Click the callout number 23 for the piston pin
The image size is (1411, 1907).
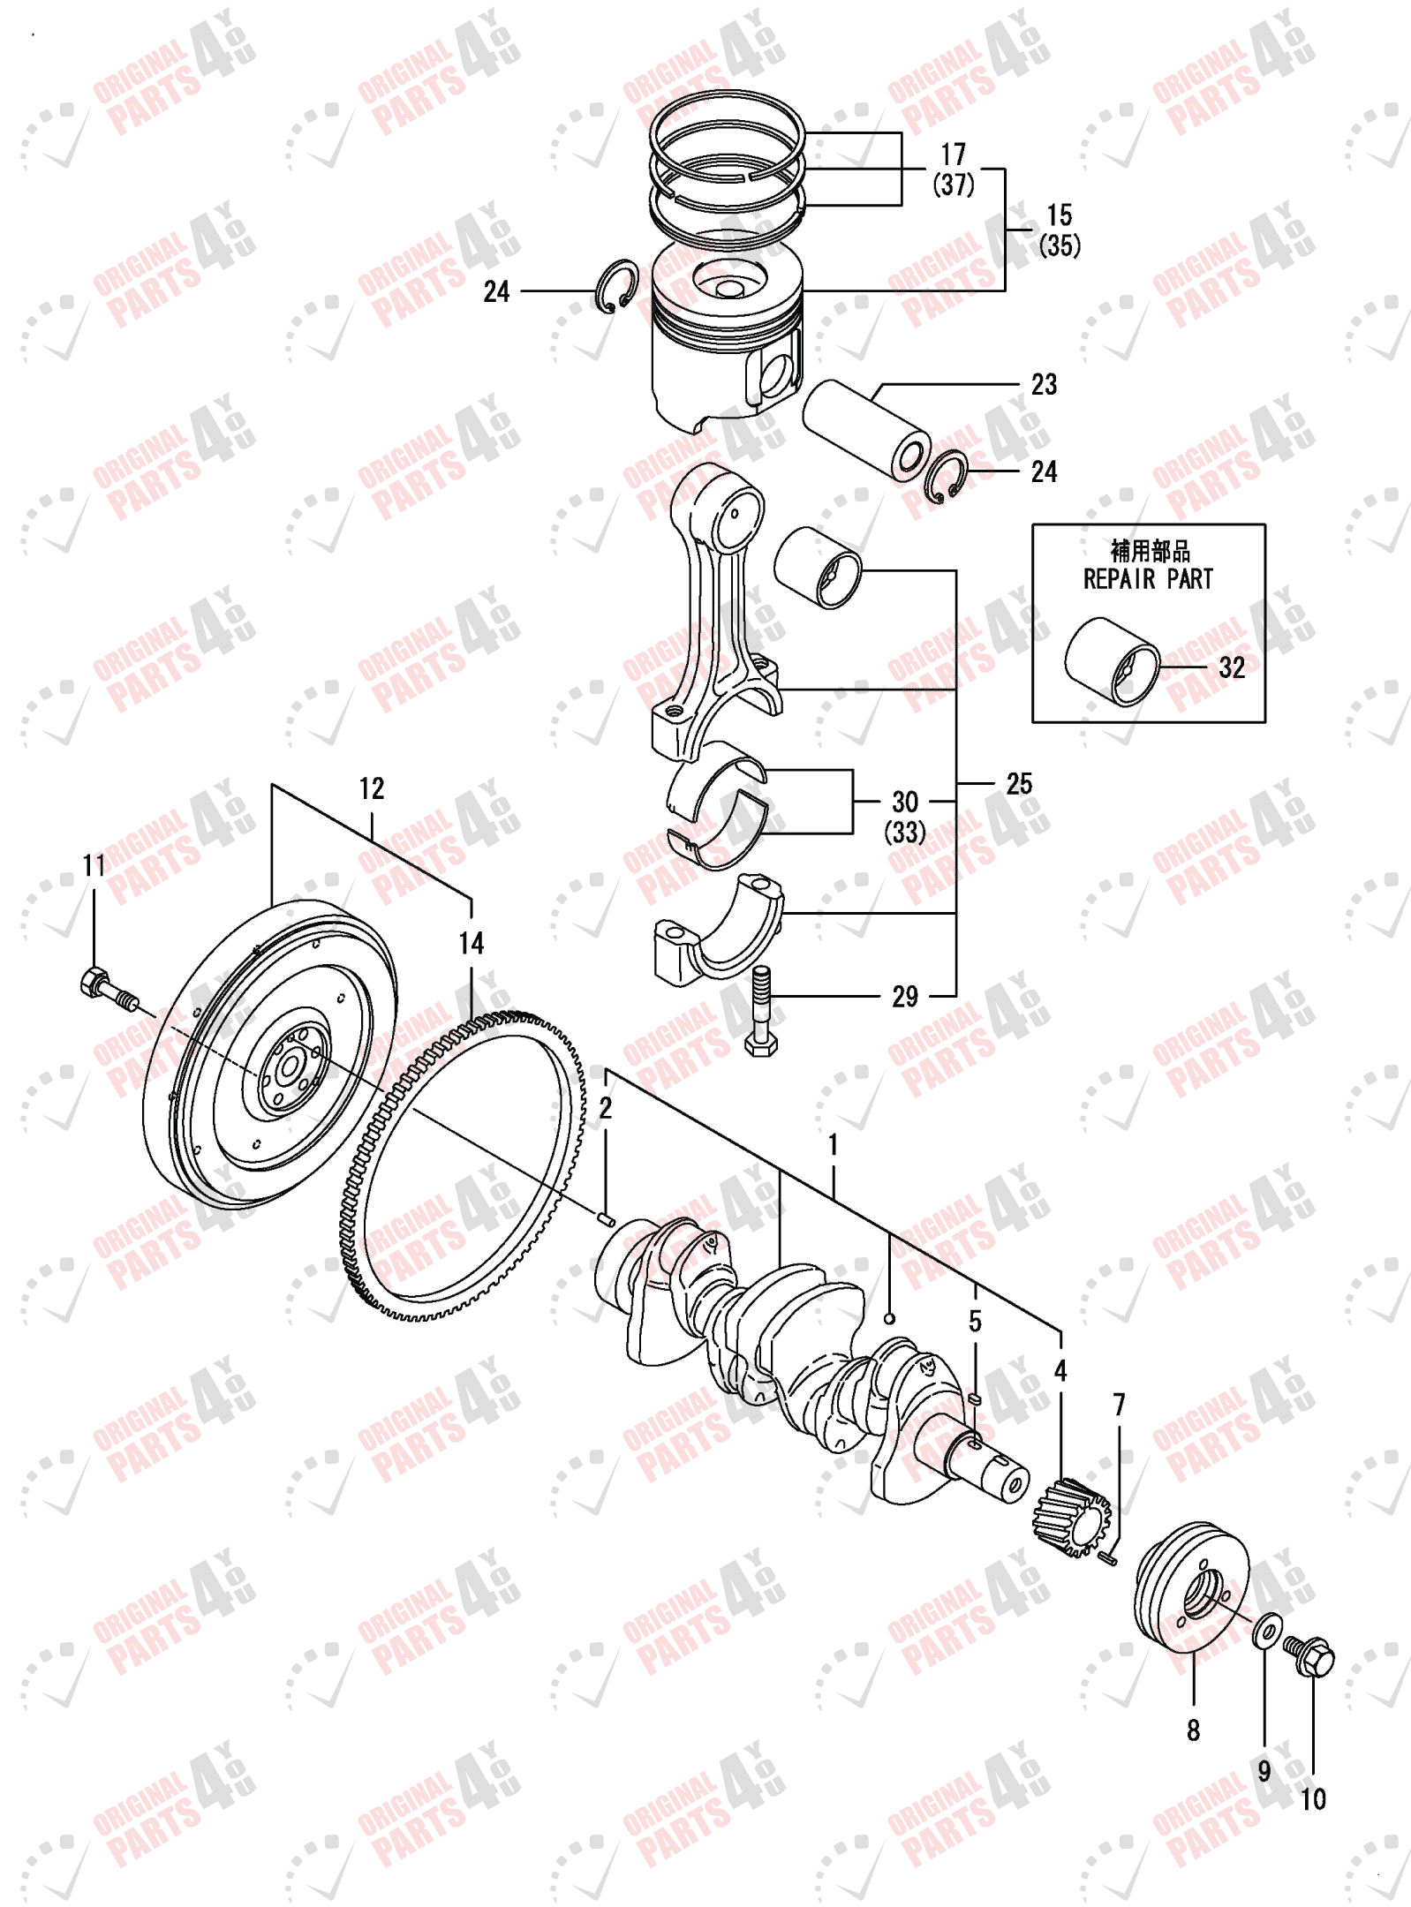[1043, 384]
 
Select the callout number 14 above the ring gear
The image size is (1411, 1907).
[471, 943]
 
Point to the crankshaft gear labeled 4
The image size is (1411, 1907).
[1070, 1518]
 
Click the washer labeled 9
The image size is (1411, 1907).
[1266, 1630]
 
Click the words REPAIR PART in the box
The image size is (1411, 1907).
[1147, 579]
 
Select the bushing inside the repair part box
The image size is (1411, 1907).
[1112, 661]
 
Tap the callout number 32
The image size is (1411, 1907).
[1231, 667]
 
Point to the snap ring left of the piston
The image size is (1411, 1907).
[616, 286]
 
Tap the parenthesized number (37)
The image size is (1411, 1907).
[953, 185]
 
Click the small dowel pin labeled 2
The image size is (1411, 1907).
[606, 1219]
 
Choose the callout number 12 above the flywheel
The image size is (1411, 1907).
[372, 788]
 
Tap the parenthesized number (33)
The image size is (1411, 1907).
[905, 833]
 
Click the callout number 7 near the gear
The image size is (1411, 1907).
[1119, 1403]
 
